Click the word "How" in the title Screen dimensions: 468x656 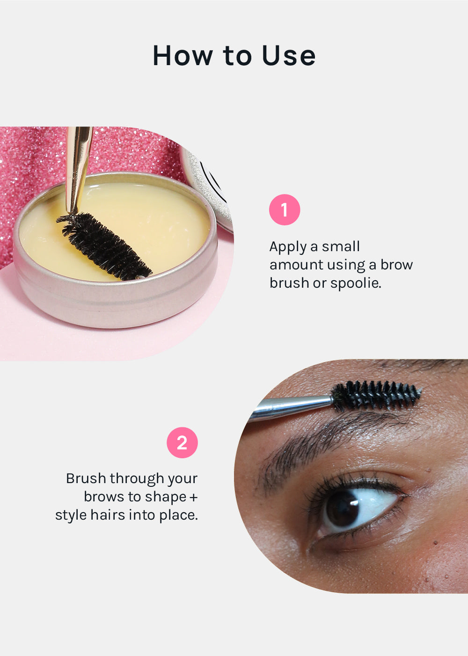click(183, 55)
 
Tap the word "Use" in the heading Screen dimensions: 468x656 click(289, 55)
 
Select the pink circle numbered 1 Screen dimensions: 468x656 click(285, 210)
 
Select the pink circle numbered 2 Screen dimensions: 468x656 click(182, 442)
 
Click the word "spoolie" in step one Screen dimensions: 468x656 click(356, 283)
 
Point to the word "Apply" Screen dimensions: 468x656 click(288, 247)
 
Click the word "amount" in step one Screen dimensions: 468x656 click(296, 265)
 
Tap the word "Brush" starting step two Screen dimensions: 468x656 click(86, 478)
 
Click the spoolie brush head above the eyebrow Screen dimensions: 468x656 click(376, 395)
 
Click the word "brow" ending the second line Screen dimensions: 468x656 click(396, 265)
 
